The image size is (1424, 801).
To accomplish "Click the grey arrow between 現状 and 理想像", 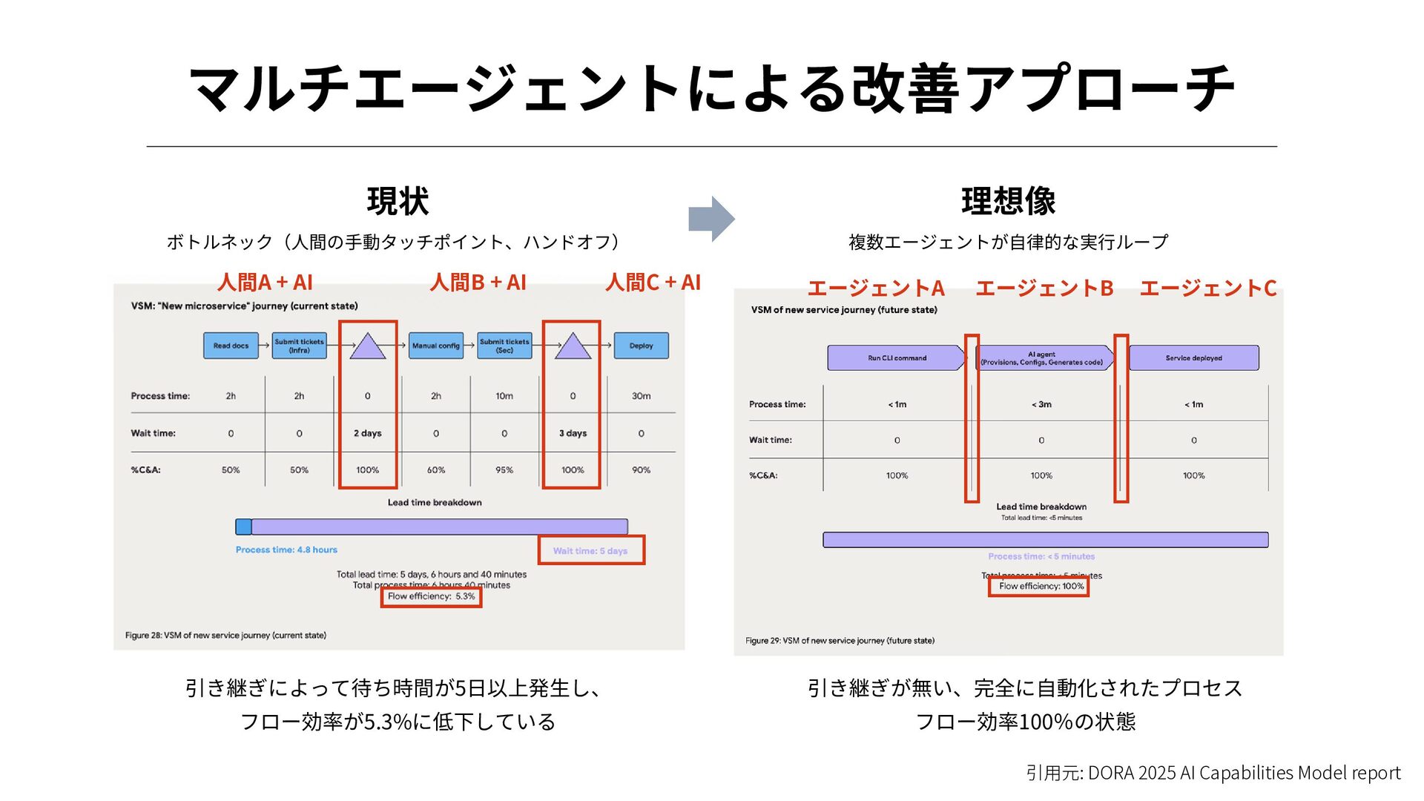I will (711, 219).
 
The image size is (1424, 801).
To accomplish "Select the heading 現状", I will (398, 201).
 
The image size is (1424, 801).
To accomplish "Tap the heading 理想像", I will (1008, 201).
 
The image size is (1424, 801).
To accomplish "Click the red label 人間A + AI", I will (265, 283).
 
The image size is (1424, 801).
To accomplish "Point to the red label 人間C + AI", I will (653, 283).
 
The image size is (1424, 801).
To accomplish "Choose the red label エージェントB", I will (1044, 289).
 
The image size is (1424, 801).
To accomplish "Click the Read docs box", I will (231, 346).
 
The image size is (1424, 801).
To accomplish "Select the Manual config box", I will (435, 346).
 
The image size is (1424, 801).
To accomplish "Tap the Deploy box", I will (641, 346).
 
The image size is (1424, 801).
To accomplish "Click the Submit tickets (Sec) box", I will (504, 346).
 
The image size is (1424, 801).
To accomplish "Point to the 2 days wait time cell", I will (367, 433).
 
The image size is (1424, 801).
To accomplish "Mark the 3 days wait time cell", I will (573, 433).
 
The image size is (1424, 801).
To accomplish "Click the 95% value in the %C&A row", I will (504, 470).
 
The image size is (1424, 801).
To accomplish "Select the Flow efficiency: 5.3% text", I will (431, 596).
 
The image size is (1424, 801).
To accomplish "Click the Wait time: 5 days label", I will (590, 551).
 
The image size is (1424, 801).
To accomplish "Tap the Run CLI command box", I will (897, 358).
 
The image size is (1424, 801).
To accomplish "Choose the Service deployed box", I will (1193, 358).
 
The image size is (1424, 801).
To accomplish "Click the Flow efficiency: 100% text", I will (1041, 586).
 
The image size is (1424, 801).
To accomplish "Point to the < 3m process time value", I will (1041, 405).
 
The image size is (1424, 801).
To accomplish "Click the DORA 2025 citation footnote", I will (1213, 773).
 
